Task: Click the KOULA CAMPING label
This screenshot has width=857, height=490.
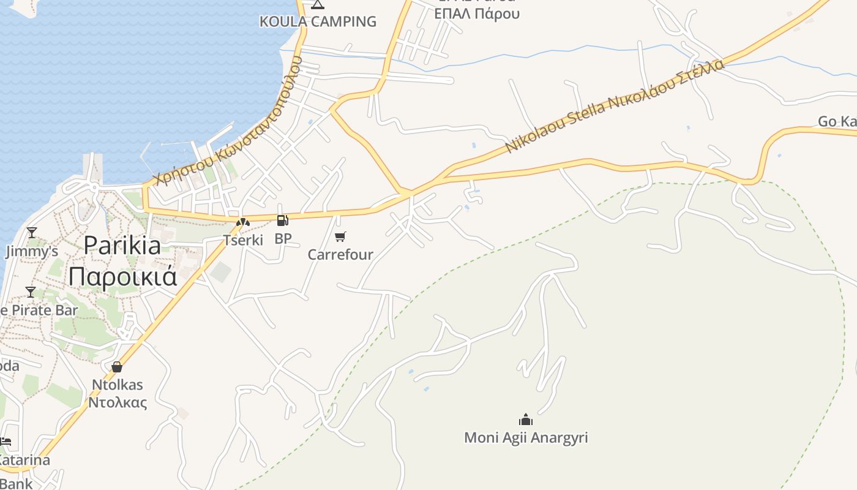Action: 318,21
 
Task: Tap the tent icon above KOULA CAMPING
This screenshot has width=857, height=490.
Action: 317,5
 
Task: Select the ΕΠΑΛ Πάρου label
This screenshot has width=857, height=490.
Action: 477,13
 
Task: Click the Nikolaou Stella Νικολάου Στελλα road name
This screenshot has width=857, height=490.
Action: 615,107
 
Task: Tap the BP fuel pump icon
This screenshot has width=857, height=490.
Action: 282,221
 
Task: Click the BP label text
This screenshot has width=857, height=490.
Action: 283,239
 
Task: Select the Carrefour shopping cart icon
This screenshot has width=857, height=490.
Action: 340,236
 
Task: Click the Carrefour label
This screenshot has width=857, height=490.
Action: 340,254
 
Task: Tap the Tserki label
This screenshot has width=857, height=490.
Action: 243,240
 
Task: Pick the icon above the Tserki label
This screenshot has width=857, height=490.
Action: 243,222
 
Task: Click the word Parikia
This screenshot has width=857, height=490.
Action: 122,246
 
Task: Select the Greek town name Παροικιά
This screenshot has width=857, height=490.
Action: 122,276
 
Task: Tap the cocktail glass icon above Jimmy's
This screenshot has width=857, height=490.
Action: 31,233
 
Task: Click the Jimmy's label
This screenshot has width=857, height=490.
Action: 32,251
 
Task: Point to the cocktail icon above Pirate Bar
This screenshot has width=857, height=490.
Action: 31,292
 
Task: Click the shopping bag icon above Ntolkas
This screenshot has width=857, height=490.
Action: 117,367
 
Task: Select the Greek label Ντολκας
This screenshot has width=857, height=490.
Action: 118,402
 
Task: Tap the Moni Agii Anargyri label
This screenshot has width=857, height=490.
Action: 526,438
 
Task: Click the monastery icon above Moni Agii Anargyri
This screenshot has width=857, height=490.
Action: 526,420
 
